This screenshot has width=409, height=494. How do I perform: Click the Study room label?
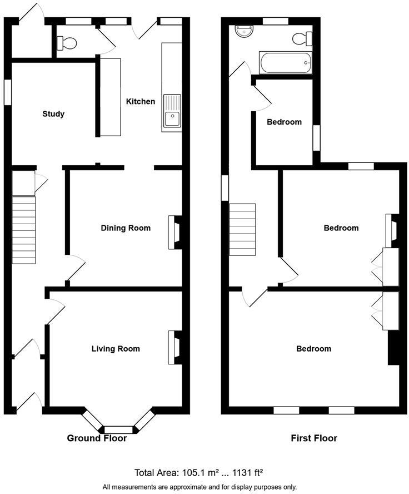point(53,114)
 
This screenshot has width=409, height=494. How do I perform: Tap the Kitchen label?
point(141,101)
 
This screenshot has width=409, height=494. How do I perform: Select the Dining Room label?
point(126,228)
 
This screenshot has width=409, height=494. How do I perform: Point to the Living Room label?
point(116,349)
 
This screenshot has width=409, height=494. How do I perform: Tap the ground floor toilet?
point(67,43)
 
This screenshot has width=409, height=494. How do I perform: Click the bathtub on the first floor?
point(285,63)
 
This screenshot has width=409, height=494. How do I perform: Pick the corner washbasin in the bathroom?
point(243,31)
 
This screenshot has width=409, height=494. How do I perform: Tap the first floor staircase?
point(242,229)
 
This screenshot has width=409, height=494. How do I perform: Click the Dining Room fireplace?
point(174,231)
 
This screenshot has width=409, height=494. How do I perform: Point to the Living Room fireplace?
point(174,347)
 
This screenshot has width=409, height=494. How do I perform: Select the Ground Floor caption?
point(97,438)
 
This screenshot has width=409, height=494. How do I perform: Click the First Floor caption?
point(314,438)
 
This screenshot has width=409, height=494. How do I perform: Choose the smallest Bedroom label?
point(284,122)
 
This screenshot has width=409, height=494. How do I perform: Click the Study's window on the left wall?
point(8,92)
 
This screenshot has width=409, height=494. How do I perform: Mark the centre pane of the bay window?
point(119,429)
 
